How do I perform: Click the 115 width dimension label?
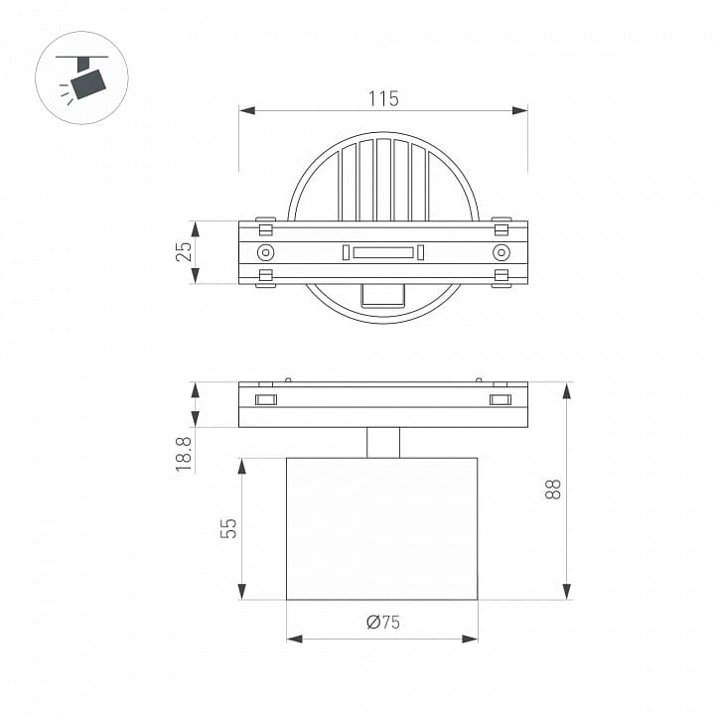[x=383, y=98]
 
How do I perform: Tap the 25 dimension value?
[x=184, y=251]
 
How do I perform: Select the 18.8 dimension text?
[x=184, y=454]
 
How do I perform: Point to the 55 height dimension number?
[x=228, y=528]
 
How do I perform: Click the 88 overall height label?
[x=553, y=490]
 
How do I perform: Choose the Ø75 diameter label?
[x=383, y=622]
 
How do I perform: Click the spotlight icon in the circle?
[x=82, y=78]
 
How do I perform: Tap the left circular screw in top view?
[x=265, y=252]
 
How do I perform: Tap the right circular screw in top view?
[x=501, y=252]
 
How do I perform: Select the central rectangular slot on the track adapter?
[x=383, y=252]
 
